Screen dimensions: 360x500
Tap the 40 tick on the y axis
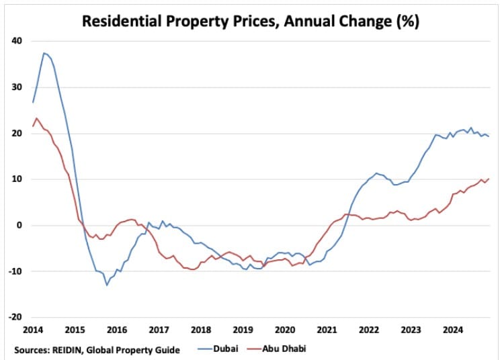pyautogui.click(x=17, y=41)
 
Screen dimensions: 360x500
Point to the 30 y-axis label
pyautogui.click(x=17, y=87)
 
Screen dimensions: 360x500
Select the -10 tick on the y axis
pyautogui.click(x=15, y=271)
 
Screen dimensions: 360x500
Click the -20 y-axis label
pyautogui.click(x=15, y=317)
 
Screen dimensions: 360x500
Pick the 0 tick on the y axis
pyautogui.click(x=19, y=225)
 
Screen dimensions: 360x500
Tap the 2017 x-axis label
pyautogui.click(x=159, y=330)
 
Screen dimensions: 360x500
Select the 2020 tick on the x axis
pyautogui.click(x=285, y=330)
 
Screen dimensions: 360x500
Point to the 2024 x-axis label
pyautogui.click(x=453, y=330)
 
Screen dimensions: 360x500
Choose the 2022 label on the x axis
pyautogui.click(x=369, y=330)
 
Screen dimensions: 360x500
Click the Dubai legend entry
pyautogui.click(x=219, y=349)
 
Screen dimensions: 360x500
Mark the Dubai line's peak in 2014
pyautogui.click(x=44, y=53)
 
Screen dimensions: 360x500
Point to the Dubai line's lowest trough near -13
pyautogui.click(x=106, y=285)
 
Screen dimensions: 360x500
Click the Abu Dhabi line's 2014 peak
pyautogui.click(x=36, y=118)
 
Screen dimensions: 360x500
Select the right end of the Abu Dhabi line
pyautogui.click(x=489, y=179)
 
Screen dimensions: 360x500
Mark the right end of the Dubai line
pyautogui.click(x=489, y=136)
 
